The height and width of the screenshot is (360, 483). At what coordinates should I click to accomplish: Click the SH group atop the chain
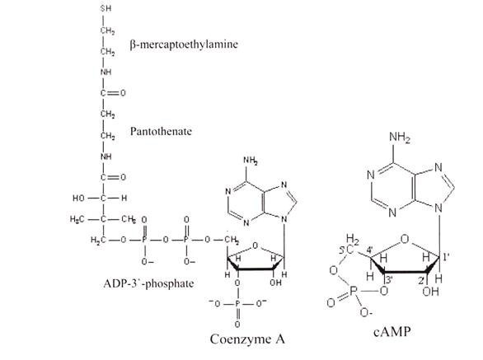(106, 8)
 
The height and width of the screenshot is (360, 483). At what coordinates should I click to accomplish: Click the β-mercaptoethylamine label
(184, 44)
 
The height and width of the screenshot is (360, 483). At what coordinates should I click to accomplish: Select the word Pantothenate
(161, 132)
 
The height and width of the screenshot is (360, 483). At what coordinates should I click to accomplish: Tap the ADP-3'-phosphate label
(149, 283)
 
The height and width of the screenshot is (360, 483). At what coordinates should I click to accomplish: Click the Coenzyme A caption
(247, 339)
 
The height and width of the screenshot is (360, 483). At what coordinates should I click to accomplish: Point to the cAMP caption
(392, 332)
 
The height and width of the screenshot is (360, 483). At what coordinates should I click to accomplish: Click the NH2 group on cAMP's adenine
(400, 137)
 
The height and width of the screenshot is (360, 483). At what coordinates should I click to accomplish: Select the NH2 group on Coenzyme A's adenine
(250, 161)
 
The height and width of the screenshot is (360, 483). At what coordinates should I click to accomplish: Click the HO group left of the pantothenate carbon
(78, 198)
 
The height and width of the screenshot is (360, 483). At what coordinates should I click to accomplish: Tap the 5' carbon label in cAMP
(346, 250)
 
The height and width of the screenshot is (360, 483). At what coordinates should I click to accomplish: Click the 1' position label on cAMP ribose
(446, 256)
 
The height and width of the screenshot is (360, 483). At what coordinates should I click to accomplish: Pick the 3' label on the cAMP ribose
(389, 279)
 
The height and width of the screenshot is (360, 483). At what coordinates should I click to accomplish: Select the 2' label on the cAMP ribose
(421, 280)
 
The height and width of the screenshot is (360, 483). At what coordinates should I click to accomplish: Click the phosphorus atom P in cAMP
(353, 291)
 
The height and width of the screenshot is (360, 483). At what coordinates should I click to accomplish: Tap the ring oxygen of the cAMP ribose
(405, 239)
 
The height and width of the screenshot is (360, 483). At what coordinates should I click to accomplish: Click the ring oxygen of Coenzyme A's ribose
(255, 245)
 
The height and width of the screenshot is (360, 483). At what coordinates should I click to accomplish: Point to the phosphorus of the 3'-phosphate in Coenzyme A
(237, 304)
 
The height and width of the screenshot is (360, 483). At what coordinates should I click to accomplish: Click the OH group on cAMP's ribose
(430, 291)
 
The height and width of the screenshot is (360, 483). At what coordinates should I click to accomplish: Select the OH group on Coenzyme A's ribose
(275, 283)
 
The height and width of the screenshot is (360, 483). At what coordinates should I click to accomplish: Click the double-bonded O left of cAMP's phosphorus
(331, 303)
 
